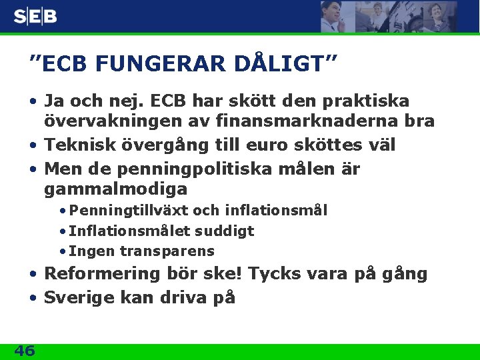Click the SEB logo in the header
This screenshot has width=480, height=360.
point(35,17)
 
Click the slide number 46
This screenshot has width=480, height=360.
point(24,350)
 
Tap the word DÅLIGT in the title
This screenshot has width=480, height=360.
point(280,64)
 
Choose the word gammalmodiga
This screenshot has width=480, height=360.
point(115,189)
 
